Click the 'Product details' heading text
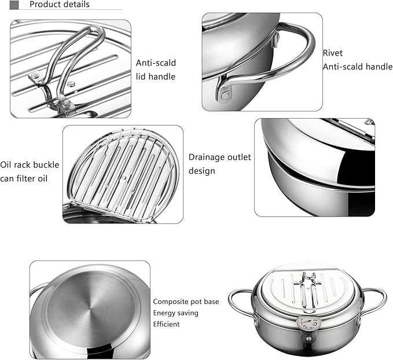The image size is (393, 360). click(59, 5)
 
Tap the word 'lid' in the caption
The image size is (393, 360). click(142, 76)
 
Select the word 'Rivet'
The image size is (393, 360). click(332, 53)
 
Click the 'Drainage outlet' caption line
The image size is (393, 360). click(220, 157)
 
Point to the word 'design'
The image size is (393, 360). click(202, 171)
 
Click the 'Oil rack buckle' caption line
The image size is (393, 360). click(30, 165)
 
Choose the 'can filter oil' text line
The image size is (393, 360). click(25, 178)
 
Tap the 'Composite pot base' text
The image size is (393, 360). click(186, 302)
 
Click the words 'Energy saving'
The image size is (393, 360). click(175, 313)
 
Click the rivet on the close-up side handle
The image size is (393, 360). click(225, 94)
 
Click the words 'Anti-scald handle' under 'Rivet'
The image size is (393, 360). click(357, 67)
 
